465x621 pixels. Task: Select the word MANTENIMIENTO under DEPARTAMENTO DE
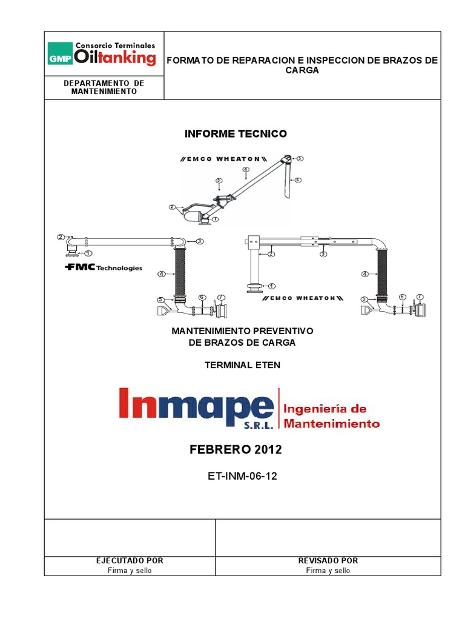(x=104, y=92)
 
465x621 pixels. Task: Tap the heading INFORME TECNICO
(x=236, y=133)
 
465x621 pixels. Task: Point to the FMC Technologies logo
(x=103, y=267)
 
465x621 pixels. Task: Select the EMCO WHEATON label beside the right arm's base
(x=303, y=298)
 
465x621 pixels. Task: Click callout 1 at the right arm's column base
(x=271, y=286)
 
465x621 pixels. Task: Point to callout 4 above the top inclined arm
(x=245, y=169)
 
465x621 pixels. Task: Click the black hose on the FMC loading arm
(x=179, y=271)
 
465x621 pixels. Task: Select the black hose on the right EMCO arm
(x=383, y=271)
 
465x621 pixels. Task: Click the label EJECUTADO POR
(x=130, y=561)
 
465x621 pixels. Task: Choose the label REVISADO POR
(x=328, y=561)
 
